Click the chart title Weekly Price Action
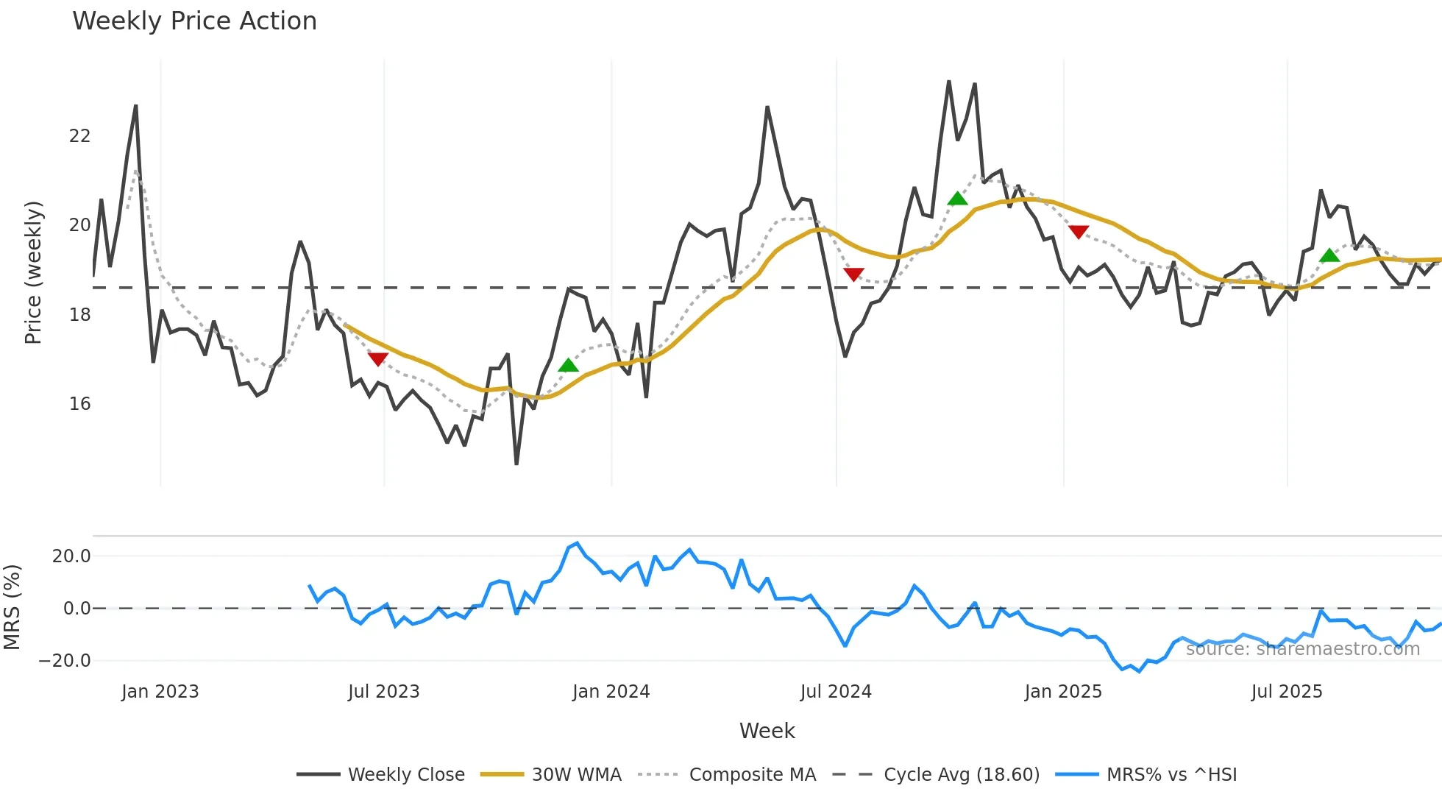[194, 21]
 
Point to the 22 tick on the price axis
[79, 136]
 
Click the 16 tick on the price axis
[79, 404]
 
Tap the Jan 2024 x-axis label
[611, 692]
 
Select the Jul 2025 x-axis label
[1286, 692]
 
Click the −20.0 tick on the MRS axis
[65, 661]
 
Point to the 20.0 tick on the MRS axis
[71, 556]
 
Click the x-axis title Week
[767, 731]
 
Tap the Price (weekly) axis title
[33, 272]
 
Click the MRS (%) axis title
[12, 607]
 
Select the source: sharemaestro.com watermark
[1302, 649]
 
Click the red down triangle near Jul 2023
[377, 359]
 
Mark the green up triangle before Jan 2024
[568, 365]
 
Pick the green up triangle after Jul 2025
[1329, 255]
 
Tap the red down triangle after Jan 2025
[1079, 232]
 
